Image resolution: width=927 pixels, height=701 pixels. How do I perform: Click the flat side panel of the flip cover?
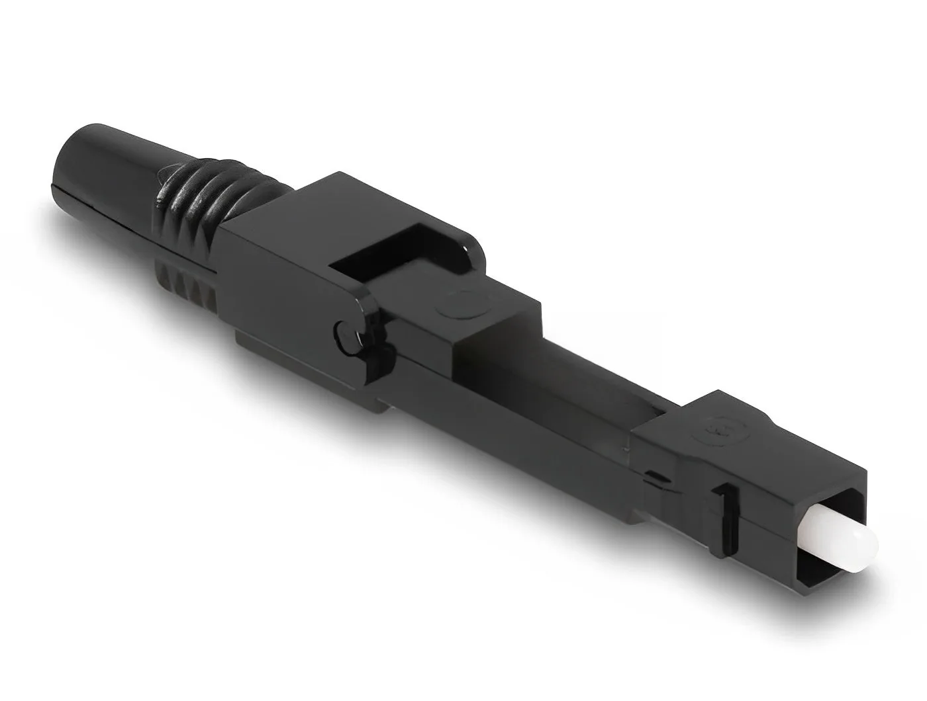coord(278,284)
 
